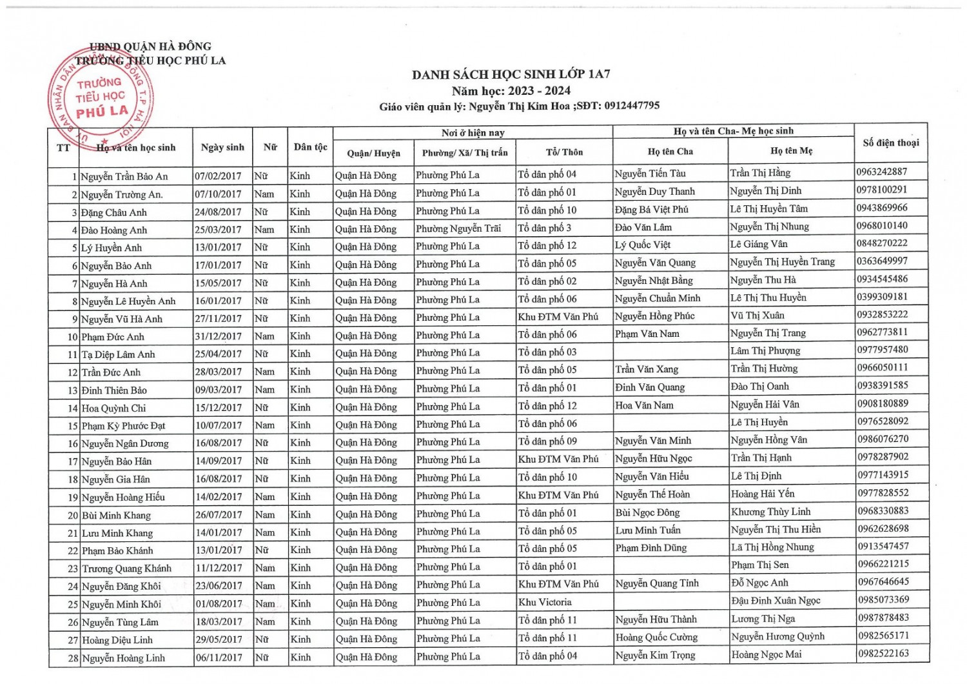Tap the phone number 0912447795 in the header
tap(632, 106)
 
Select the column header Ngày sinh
tap(222, 147)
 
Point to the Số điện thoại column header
tap(891, 143)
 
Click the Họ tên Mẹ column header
tap(791, 151)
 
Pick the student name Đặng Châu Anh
tap(114, 212)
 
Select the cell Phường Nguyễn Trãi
tap(458, 228)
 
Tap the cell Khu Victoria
tap(545, 602)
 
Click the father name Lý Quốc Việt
tap(643, 245)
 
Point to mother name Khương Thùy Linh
tap(770, 512)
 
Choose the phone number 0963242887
tap(882, 172)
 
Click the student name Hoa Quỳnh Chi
tap(114, 408)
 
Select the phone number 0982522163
tap(883, 653)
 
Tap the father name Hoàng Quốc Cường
tap(656, 637)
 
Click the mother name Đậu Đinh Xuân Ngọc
tap(776, 600)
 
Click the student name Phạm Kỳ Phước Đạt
tap(124, 426)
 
